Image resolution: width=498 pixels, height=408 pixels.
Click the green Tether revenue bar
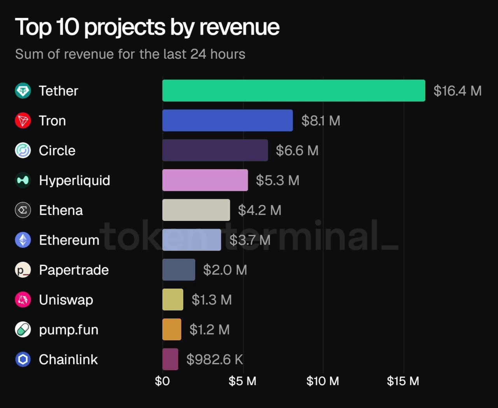(294, 91)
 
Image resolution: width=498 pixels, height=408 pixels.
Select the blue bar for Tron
(228, 121)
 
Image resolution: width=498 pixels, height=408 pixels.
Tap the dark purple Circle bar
(215, 150)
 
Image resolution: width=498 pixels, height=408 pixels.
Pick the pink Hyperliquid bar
(205, 180)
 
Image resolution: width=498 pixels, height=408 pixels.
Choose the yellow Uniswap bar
(173, 299)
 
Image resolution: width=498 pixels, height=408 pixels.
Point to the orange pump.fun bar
(172, 329)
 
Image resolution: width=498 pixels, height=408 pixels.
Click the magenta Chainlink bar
(170, 359)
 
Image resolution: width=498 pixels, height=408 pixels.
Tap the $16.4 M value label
(458, 91)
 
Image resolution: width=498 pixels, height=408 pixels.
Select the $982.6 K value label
(215, 359)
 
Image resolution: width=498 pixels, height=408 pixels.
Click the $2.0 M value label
(225, 270)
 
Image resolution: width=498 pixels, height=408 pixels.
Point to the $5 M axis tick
(242, 381)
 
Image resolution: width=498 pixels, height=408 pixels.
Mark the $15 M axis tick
(403, 381)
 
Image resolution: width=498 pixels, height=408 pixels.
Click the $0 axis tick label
(163, 381)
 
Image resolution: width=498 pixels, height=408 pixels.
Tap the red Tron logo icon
(23, 121)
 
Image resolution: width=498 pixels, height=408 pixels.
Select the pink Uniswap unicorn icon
(23, 299)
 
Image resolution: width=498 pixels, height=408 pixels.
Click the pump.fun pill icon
(23, 329)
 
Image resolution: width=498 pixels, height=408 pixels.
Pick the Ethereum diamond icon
(23, 240)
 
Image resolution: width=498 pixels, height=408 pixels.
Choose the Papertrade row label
(74, 270)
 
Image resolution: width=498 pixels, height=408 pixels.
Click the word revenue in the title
(239, 27)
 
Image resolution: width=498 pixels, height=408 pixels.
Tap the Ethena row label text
(61, 210)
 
